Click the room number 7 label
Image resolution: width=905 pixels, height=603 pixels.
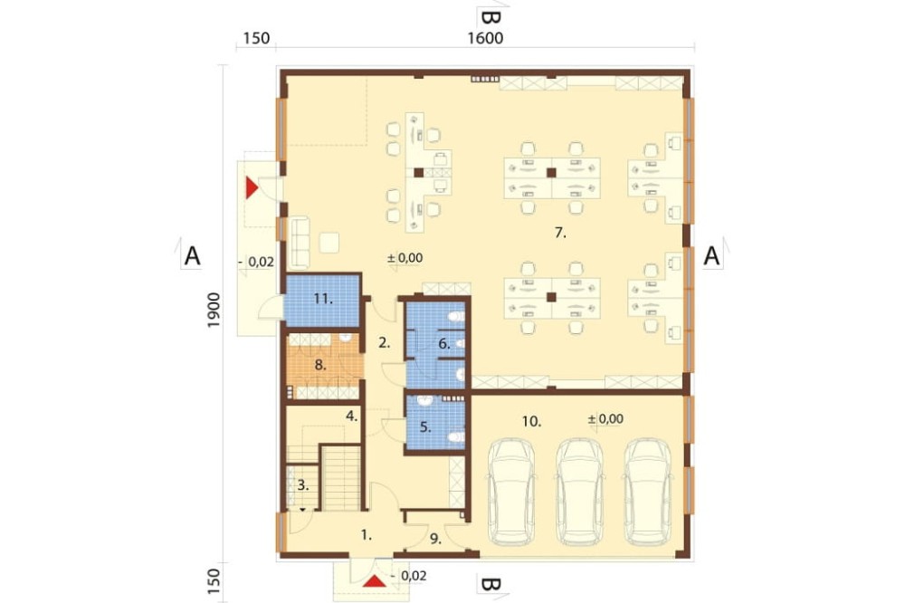pyautogui.click(x=560, y=233)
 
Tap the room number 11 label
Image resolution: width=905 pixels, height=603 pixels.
pyautogui.click(x=323, y=299)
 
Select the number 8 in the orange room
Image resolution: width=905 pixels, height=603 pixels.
pyautogui.click(x=320, y=365)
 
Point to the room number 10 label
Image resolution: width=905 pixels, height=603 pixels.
pyautogui.click(x=531, y=422)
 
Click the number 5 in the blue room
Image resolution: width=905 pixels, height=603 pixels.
pyautogui.click(x=425, y=427)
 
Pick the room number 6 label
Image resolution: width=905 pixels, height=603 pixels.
pyautogui.click(x=443, y=344)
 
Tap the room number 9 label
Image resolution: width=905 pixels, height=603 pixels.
pyautogui.click(x=435, y=539)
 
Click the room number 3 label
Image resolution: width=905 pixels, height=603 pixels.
pyautogui.click(x=303, y=485)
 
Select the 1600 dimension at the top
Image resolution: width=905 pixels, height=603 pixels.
pyautogui.click(x=485, y=38)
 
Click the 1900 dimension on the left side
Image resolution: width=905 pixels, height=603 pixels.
pyautogui.click(x=214, y=311)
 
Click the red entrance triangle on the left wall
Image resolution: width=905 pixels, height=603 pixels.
pyautogui.click(x=252, y=187)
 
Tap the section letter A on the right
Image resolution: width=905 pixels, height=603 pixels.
pyautogui.click(x=711, y=255)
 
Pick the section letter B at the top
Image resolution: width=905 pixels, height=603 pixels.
pyautogui.click(x=490, y=17)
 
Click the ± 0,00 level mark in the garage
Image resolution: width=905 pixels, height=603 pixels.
pyautogui.click(x=605, y=418)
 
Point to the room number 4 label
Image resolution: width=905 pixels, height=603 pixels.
pyautogui.click(x=352, y=416)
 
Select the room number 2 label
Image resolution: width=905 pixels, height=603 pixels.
pyautogui.click(x=385, y=342)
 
